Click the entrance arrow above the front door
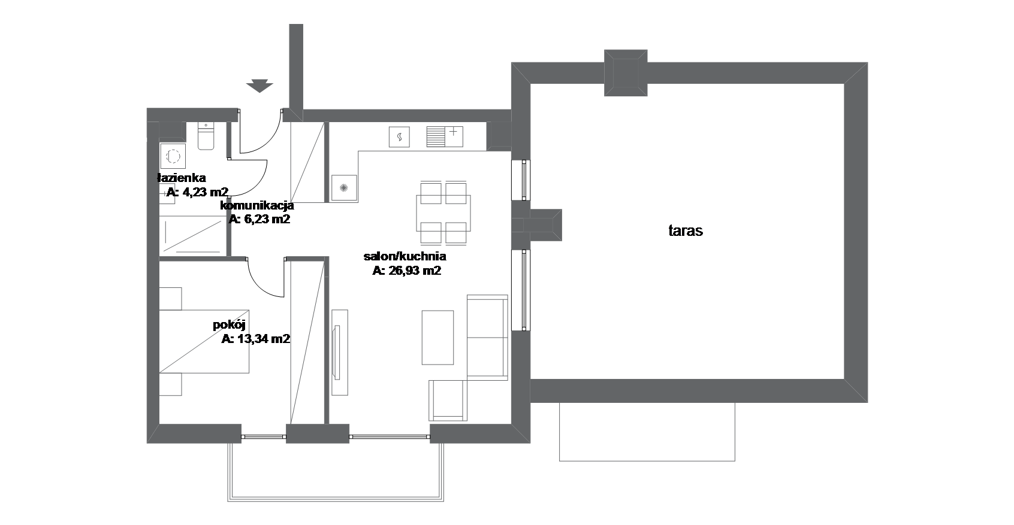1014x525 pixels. pyautogui.click(x=259, y=86)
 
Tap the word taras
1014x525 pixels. pyautogui.click(x=686, y=231)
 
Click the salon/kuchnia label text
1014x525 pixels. pyautogui.click(x=405, y=256)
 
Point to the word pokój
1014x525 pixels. pyautogui.click(x=229, y=325)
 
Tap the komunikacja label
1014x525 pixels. pyautogui.click(x=256, y=206)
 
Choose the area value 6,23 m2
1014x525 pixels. pyautogui.click(x=266, y=219)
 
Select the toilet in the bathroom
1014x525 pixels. pyautogui.click(x=206, y=136)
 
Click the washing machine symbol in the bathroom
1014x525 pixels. pyautogui.click(x=173, y=156)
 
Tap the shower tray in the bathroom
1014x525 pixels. pyautogui.click(x=193, y=236)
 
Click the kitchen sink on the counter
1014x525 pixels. pyautogui.click(x=445, y=136)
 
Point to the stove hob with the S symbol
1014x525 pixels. pyautogui.click(x=399, y=136)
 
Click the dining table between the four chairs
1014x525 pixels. pyautogui.click(x=443, y=213)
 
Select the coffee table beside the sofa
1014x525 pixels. pyautogui.click(x=437, y=338)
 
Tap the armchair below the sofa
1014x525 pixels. pyautogui.click(x=448, y=400)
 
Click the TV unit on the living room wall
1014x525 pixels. pyautogui.click(x=340, y=353)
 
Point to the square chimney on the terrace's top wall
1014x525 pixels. pyautogui.click(x=626, y=73)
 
